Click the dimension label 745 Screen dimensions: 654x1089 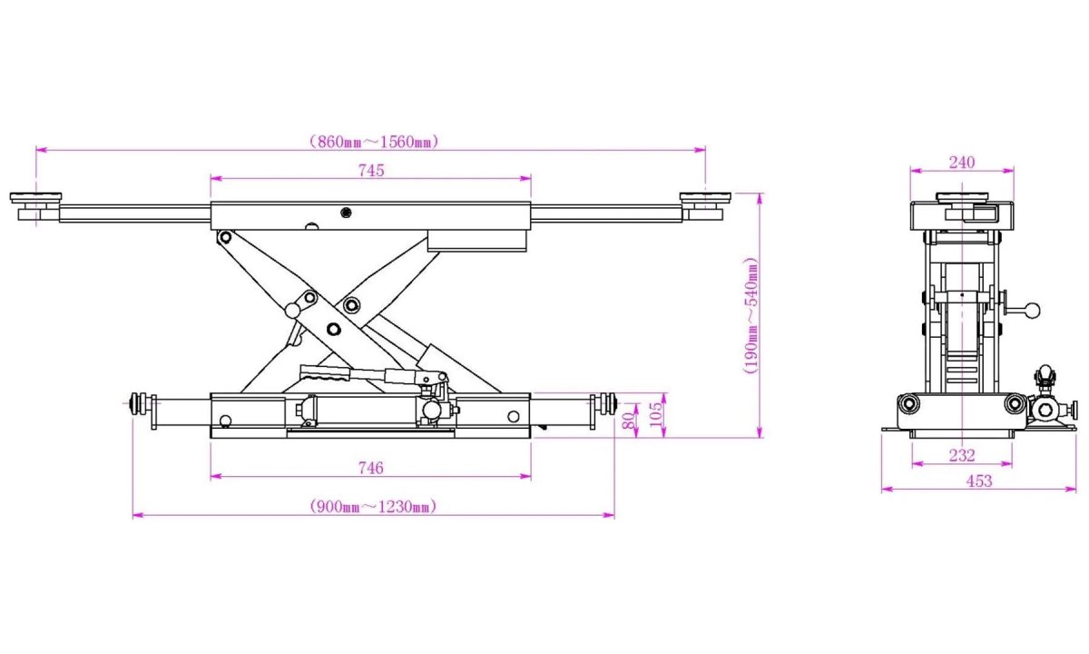click(370, 170)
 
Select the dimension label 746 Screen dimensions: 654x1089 click(370, 468)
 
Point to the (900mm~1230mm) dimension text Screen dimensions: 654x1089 click(372, 507)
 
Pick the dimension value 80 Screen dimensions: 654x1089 click(626, 421)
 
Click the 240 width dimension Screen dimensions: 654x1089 click(961, 163)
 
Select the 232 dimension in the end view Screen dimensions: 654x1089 click(961, 455)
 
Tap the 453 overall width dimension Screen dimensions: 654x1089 click(979, 481)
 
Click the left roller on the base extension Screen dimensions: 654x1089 click(140, 403)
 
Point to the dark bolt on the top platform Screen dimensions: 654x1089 click(346, 213)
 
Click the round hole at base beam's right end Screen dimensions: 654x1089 click(514, 416)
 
